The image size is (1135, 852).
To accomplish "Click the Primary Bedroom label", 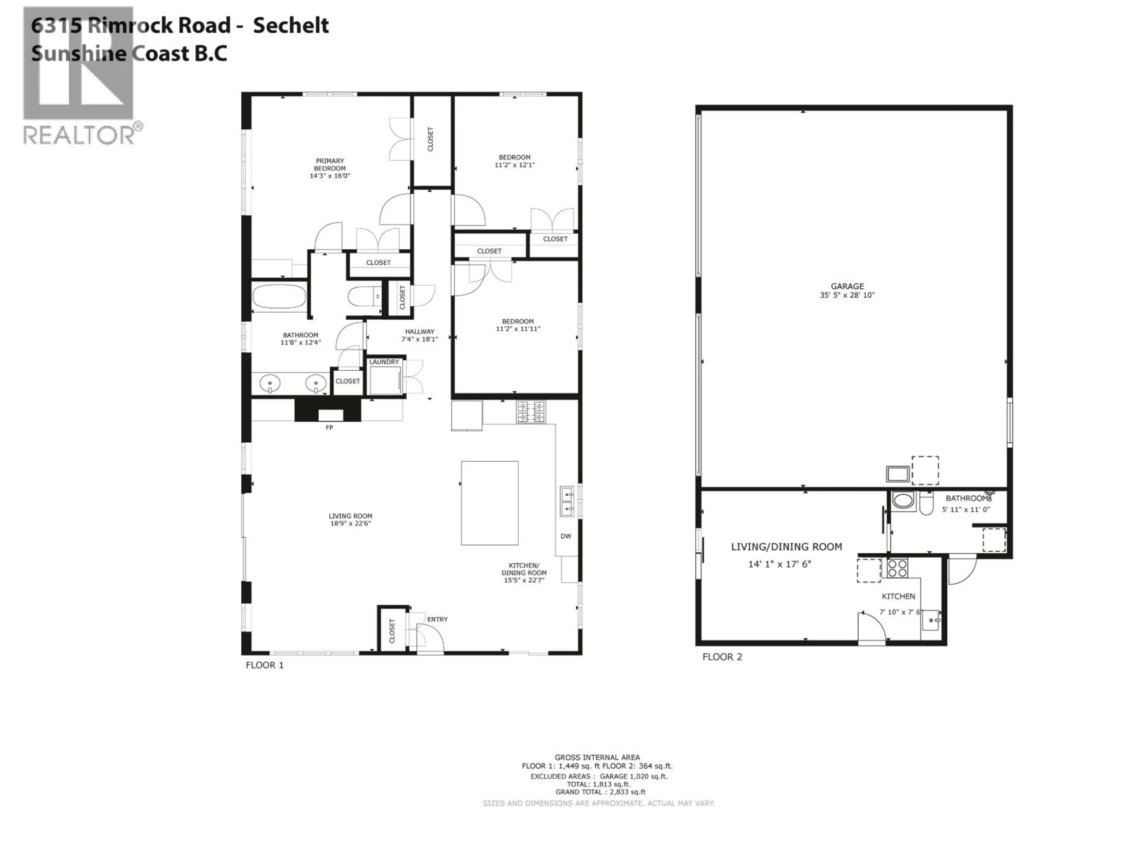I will click(330, 164).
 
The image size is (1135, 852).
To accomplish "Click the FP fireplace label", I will click(330, 427).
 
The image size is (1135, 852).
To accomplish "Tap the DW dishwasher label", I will click(565, 536).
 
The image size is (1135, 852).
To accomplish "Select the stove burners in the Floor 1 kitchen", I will click(531, 412).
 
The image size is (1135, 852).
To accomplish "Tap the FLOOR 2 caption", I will click(722, 657).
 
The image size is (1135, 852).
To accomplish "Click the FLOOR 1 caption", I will click(264, 665).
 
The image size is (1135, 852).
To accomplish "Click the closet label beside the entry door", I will click(392, 631).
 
